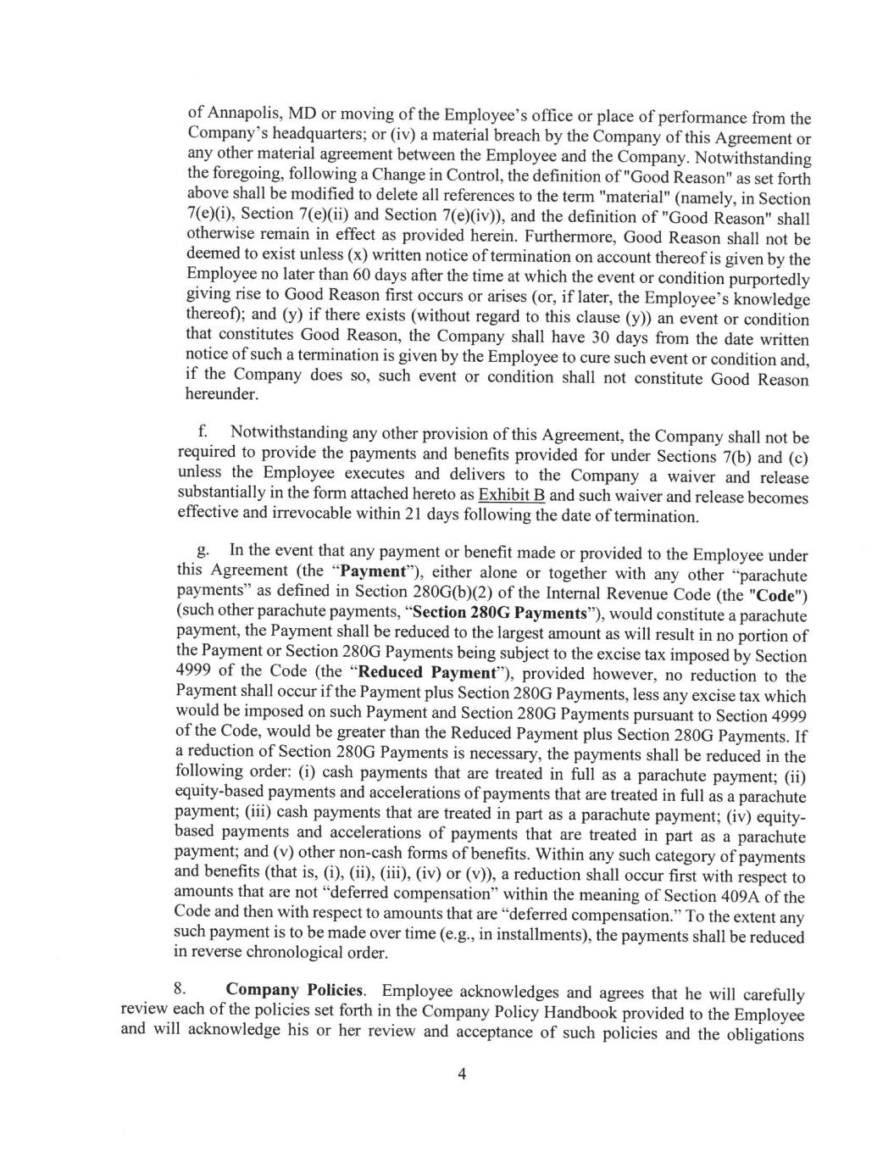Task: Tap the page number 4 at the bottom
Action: coord(462,1075)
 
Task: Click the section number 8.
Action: coord(179,990)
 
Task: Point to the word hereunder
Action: coord(222,394)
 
